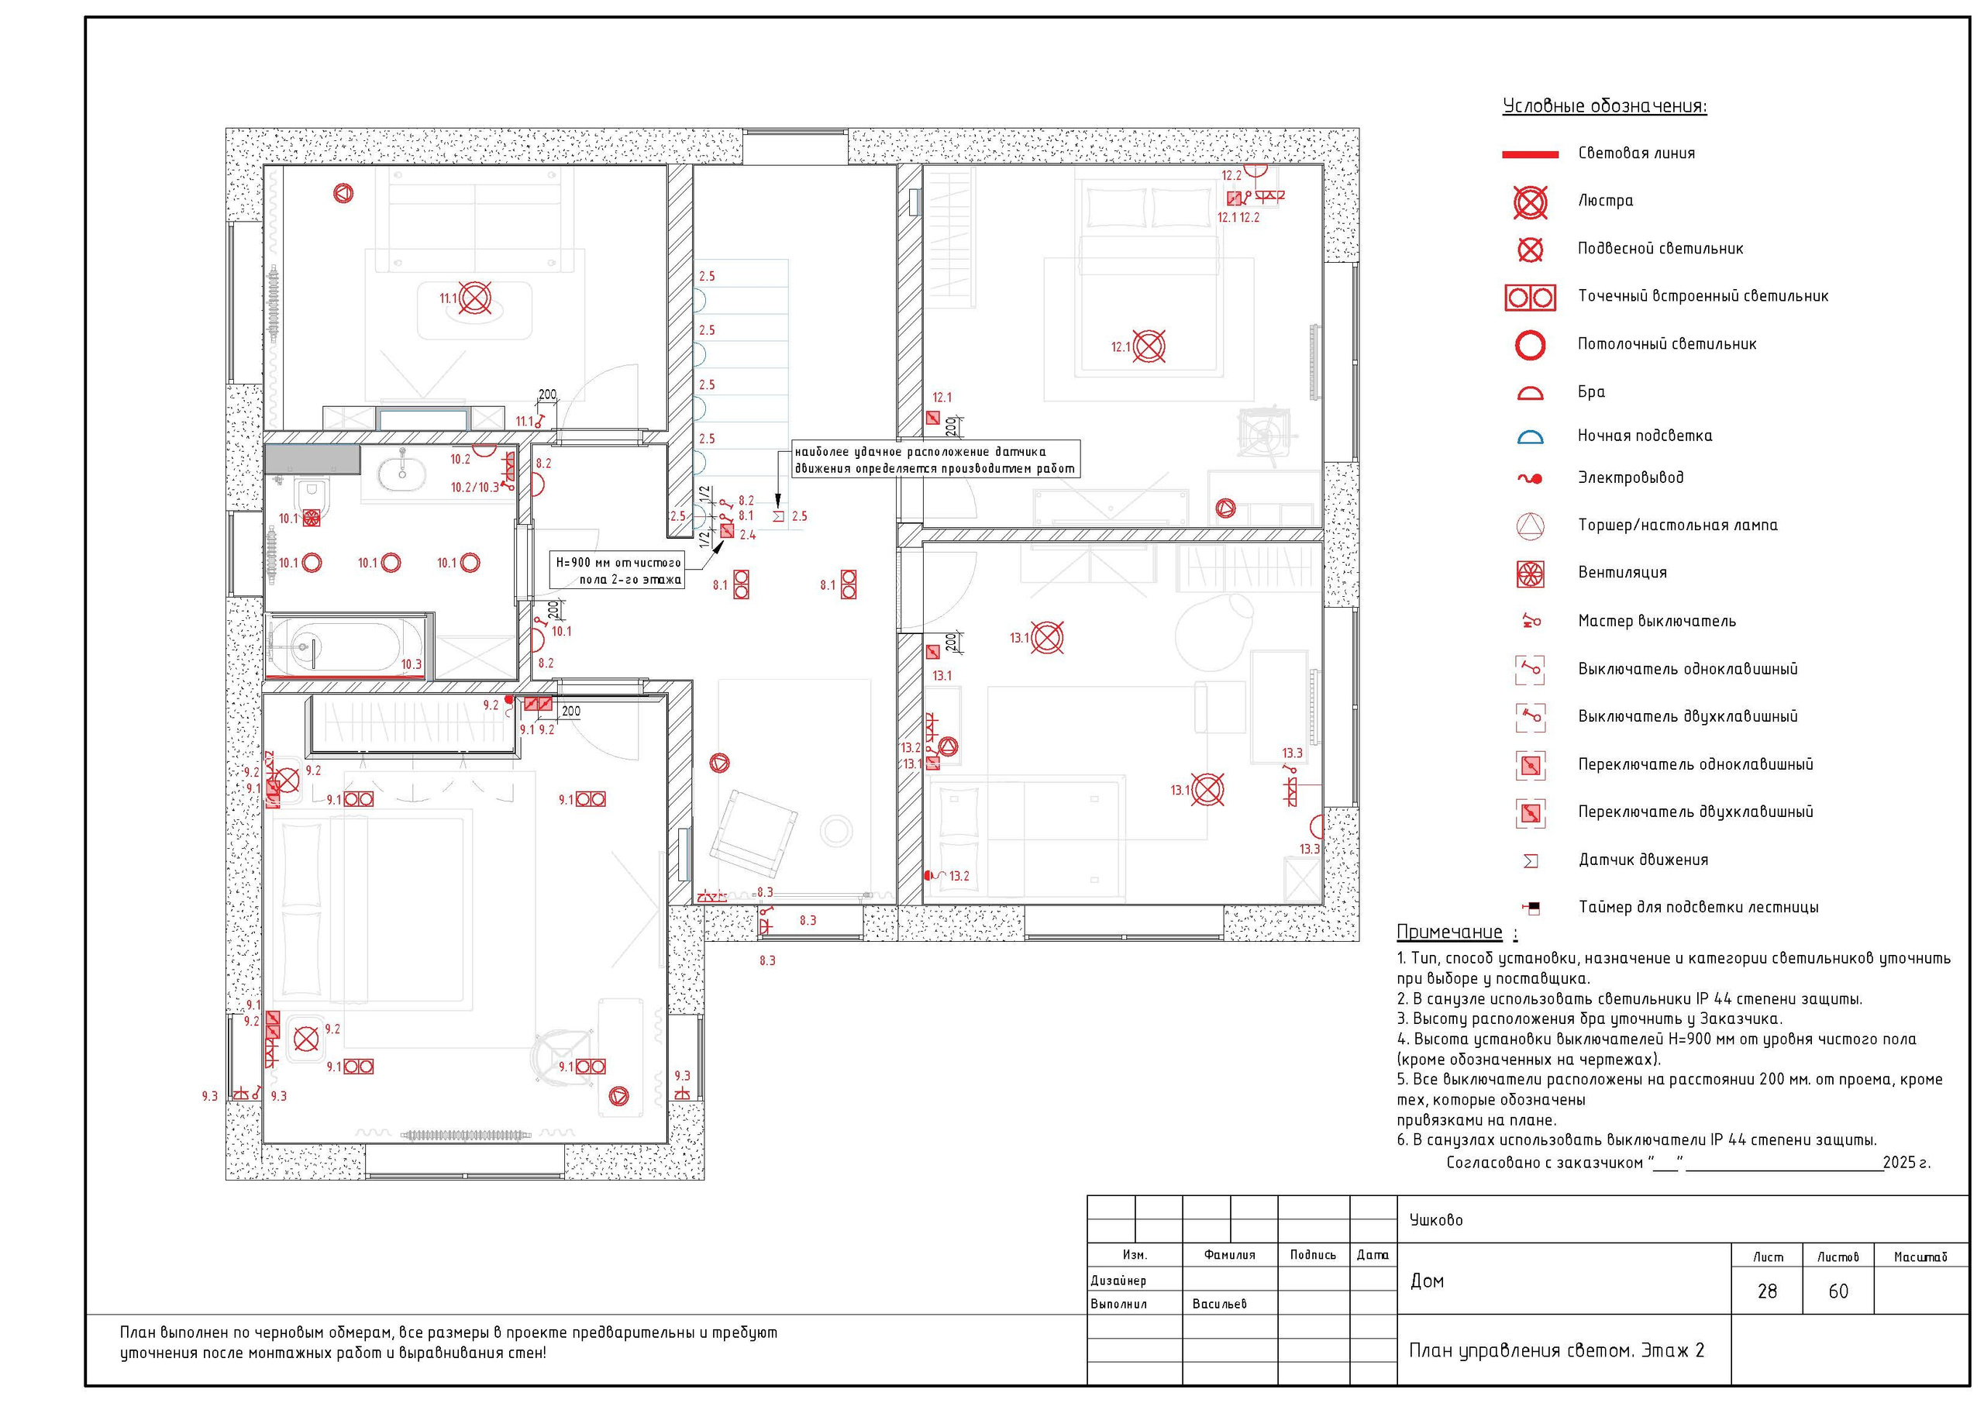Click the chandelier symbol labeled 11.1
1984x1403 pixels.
(x=474, y=299)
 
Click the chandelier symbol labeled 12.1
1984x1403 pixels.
(x=1149, y=346)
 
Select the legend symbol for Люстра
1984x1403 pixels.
(x=1531, y=202)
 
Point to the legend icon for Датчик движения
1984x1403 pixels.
(x=1531, y=861)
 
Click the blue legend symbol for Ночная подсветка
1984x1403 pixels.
(x=1531, y=437)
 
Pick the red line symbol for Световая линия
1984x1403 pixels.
(x=1531, y=155)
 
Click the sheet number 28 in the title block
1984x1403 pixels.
(x=1767, y=1291)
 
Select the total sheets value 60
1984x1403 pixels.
(x=1838, y=1291)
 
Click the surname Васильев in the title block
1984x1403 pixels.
(x=1219, y=1304)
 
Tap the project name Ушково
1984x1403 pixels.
(x=1436, y=1221)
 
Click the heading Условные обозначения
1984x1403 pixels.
(x=1605, y=106)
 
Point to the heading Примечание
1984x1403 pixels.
(x=1449, y=932)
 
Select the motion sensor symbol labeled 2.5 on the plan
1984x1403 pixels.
(x=777, y=516)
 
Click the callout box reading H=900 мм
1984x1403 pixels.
(x=617, y=571)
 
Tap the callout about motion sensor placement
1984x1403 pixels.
(x=936, y=460)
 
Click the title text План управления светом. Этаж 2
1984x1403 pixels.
(x=1556, y=1351)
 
